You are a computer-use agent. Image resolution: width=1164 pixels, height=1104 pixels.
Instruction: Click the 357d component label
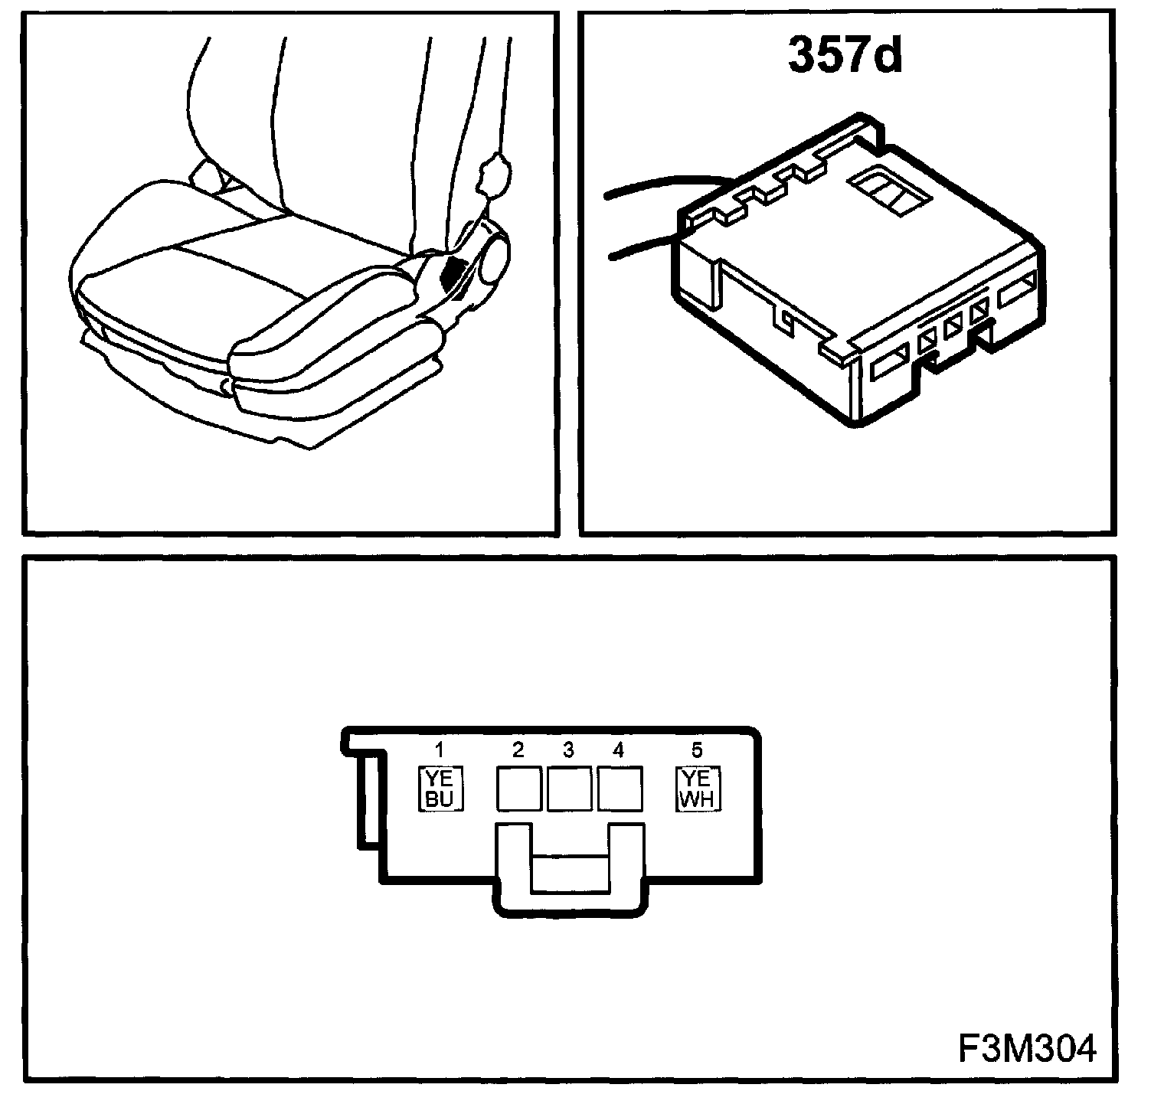pyautogui.click(x=845, y=56)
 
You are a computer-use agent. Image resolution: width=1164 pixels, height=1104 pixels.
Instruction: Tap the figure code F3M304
pyautogui.click(x=1026, y=1047)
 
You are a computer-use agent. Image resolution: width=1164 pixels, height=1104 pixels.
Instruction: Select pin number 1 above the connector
pyautogui.click(x=440, y=748)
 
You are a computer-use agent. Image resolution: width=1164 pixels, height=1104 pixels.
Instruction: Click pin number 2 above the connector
pyautogui.click(x=518, y=750)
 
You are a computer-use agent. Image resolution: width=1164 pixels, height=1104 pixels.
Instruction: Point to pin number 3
pyautogui.click(x=568, y=750)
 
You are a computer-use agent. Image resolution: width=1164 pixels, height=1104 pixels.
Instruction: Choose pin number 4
pyautogui.click(x=618, y=750)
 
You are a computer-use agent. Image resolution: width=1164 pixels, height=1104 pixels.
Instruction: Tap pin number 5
pyautogui.click(x=696, y=750)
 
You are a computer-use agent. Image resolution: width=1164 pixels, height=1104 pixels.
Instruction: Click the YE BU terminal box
pyautogui.click(x=440, y=789)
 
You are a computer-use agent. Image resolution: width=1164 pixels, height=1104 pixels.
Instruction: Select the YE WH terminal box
pyautogui.click(x=697, y=789)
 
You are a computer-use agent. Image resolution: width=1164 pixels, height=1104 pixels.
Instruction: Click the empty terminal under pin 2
pyautogui.click(x=519, y=789)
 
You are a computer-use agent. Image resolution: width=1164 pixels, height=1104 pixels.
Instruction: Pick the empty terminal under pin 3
pyautogui.click(x=569, y=789)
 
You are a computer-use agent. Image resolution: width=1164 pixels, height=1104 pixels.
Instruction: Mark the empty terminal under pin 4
pyautogui.click(x=619, y=789)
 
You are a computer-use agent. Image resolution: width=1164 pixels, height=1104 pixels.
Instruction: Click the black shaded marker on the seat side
pyautogui.click(x=459, y=273)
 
